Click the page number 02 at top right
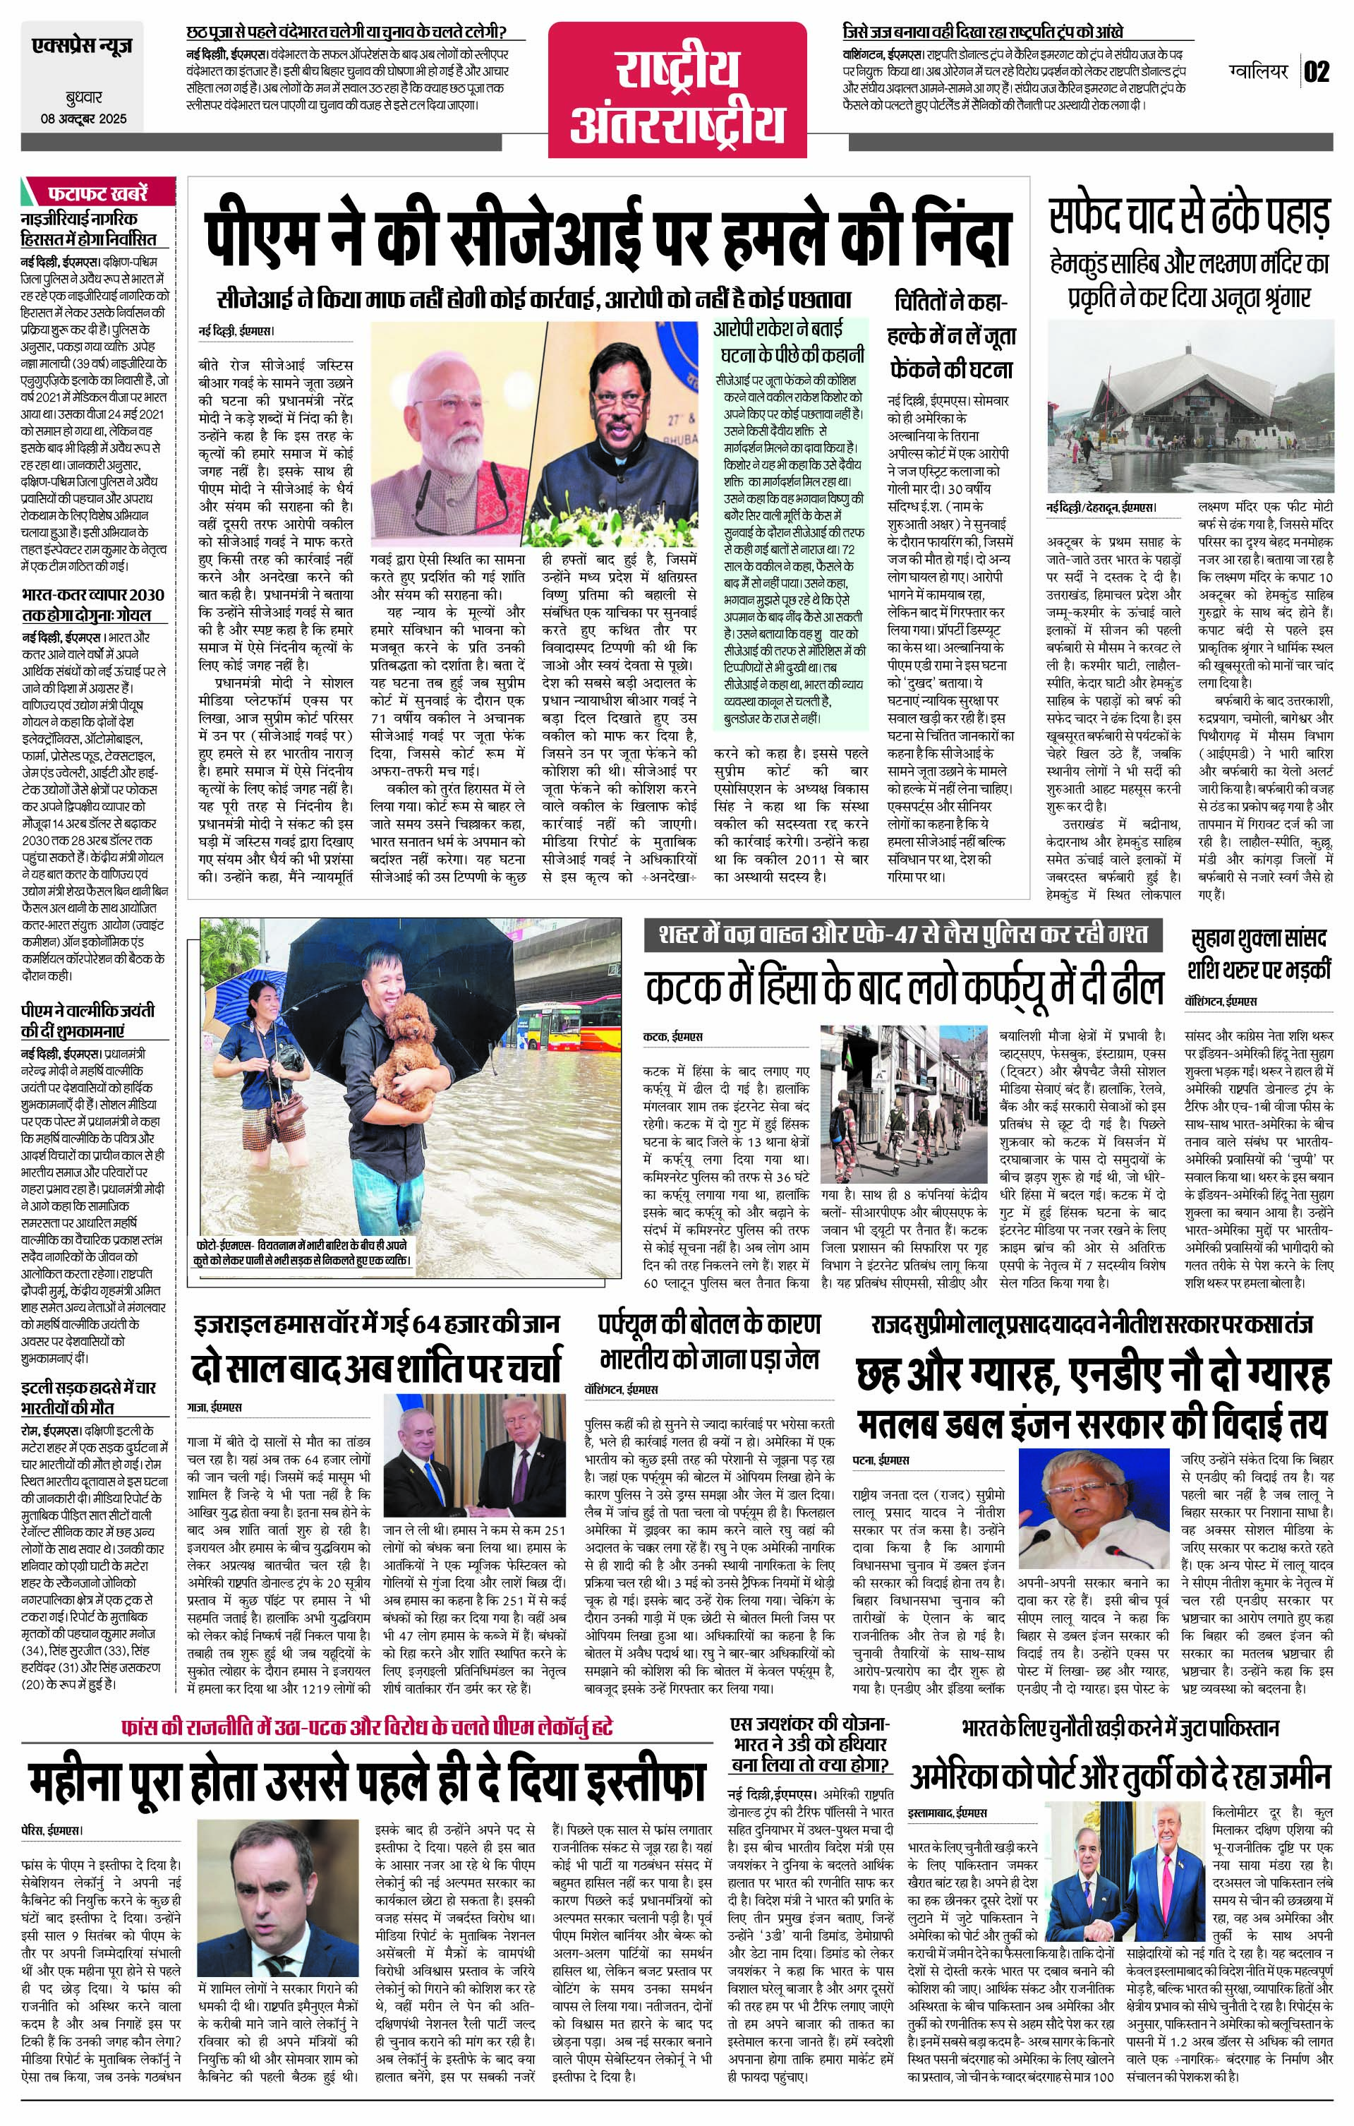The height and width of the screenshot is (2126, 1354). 1316,71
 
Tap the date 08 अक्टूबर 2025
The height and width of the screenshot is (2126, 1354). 84,119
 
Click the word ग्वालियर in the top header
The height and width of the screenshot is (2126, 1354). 1258,70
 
